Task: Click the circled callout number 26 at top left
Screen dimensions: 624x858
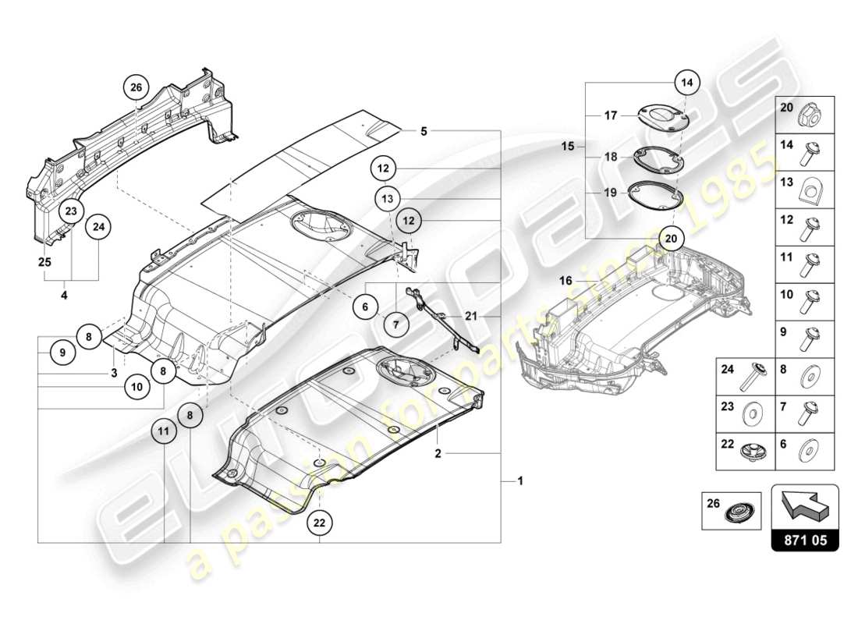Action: coord(136,88)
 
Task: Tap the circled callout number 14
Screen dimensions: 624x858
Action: coord(686,81)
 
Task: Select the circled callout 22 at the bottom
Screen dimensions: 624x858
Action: coord(318,523)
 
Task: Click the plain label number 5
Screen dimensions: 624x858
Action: coord(424,132)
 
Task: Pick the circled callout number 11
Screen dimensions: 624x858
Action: coord(165,430)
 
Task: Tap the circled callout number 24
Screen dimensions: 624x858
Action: coord(99,227)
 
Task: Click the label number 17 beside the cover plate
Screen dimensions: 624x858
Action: coord(610,115)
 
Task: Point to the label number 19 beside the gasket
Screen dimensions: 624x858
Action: coord(610,192)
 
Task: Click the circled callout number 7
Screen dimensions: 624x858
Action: coord(395,323)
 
